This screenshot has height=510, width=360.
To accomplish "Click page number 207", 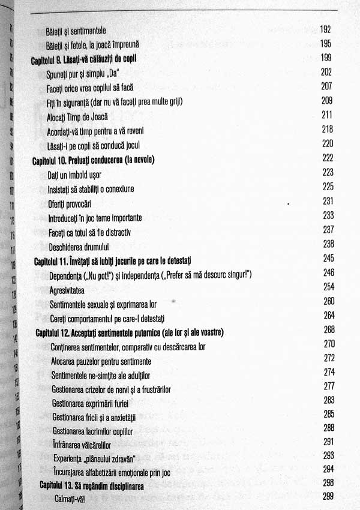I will point(326,86).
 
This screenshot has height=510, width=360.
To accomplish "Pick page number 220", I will point(327,144).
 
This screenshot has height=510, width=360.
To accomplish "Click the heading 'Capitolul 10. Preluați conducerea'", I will point(93,160).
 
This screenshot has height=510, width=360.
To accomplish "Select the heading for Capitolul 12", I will point(134,331).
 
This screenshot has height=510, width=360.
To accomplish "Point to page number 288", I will point(329,428).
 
